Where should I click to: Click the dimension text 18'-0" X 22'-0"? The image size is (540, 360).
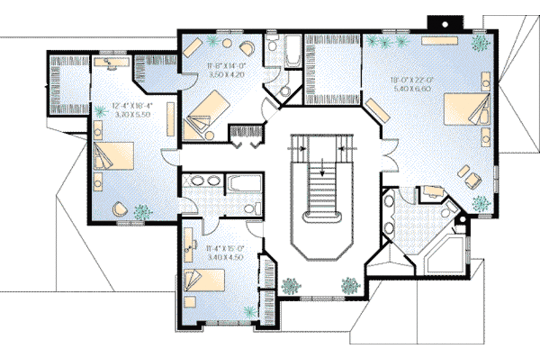tap(413, 79)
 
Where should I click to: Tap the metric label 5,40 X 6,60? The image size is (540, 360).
tap(413, 88)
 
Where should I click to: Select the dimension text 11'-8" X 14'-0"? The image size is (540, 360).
tap(224, 66)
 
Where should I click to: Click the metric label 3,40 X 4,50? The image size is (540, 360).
tap(225, 257)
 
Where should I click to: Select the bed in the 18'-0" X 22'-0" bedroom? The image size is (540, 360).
tap(466, 110)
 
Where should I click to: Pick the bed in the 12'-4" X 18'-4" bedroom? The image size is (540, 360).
tap(110, 158)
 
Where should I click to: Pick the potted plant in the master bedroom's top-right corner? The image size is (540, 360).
tap(481, 44)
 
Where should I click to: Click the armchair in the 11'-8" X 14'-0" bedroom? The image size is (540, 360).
tap(247, 49)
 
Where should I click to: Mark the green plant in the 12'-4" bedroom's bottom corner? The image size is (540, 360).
tap(142, 211)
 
